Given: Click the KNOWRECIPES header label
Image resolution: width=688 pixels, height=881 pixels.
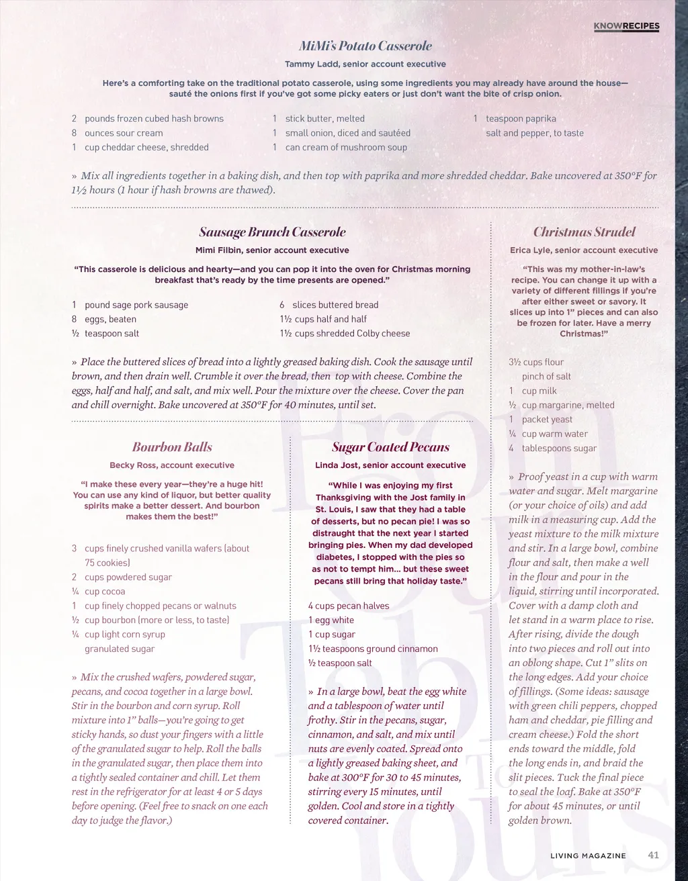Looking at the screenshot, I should tap(626, 26).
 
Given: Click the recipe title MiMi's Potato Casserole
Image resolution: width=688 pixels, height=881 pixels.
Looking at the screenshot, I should tap(365, 46).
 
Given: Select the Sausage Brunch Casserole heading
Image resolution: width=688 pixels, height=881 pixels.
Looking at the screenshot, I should tap(272, 232).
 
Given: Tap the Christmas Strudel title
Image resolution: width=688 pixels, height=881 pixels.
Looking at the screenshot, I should tap(584, 232).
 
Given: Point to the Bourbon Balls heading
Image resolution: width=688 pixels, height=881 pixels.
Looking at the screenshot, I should tap(172, 447).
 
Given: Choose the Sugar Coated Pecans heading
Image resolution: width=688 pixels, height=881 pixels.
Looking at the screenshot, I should tap(390, 447).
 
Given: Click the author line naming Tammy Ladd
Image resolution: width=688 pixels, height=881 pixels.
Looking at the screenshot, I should tap(365, 64).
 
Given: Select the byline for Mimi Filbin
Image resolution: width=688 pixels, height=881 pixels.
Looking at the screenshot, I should tap(272, 250).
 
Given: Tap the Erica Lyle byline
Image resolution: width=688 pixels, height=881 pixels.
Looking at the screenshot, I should tap(584, 250).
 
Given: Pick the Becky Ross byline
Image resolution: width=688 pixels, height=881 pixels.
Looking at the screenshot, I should tap(172, 465).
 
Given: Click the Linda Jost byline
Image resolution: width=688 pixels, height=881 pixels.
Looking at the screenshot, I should tap(390, 465).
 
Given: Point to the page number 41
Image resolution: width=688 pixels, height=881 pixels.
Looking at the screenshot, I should tap(653, 855).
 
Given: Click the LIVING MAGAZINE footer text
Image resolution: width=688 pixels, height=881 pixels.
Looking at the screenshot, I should tap(588, 855).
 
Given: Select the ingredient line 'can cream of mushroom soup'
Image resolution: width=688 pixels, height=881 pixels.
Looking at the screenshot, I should tap(345, 148).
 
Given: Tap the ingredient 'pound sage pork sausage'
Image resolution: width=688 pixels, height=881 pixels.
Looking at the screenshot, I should tap(136, 305).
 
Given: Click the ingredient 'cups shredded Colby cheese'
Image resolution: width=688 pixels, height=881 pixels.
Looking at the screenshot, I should tap(351, 334).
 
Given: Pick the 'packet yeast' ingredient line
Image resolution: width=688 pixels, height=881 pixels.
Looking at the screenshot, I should tap(547, 420).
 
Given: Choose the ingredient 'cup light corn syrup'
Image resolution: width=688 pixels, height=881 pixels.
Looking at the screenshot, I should tap(124, 635).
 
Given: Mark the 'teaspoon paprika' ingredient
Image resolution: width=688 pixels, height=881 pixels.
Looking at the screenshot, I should tap(521, 119).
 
